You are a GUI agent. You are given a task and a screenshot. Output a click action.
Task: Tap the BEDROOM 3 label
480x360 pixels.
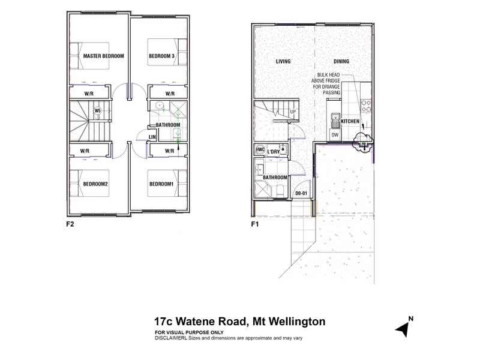[161, 56]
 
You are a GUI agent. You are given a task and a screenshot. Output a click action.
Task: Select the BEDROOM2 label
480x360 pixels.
[95, 184]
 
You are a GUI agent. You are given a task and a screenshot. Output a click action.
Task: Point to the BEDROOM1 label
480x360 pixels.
[161, 184]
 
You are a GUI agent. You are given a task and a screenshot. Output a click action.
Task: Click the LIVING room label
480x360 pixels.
[283, 62]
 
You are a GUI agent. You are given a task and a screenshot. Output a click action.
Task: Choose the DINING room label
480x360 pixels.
[341, 62]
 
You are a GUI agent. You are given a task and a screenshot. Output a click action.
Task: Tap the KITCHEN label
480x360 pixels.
[350, 122]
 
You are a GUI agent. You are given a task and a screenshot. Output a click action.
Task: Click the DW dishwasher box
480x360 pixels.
[335, 135]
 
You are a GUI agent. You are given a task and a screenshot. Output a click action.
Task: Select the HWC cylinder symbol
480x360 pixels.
[260, 150]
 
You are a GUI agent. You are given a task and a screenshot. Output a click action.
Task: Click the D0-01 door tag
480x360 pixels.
[301, 194]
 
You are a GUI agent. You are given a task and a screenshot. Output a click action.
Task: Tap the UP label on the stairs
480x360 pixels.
[293, 112]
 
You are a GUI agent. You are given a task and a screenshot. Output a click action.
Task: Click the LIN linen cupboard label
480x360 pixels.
[152, 137]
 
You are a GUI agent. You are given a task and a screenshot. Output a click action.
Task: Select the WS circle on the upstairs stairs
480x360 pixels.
[97, 111]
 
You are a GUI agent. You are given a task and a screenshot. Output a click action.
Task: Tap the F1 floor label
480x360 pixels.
[254, 226]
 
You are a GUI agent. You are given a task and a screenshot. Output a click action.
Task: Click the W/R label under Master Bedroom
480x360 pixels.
[88, 94]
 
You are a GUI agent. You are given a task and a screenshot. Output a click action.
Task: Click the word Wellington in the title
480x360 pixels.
[295, 322]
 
